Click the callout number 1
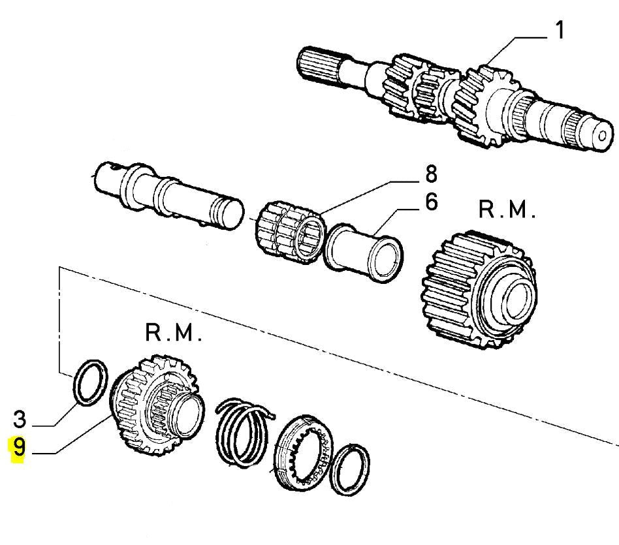pyautogui.click(x=560, y=30)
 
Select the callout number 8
pyautogui.click(x=432, y=174)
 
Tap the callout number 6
pyautogui.click(x=432, y=202)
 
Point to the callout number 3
pyautogui.click(x=20, y=419)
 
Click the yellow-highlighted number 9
pyautogui.click(x=18, y=448)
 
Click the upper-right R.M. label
pyautogui.click(x=507, y=209)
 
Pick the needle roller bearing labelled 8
pyautogui.click(x=290, y=232)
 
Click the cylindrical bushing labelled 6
pyautogui.click(x=363, y=253)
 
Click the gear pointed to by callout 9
pyautogui.click(x=156, y=405)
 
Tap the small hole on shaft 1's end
pyautogui.click(x=602, y=136)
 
